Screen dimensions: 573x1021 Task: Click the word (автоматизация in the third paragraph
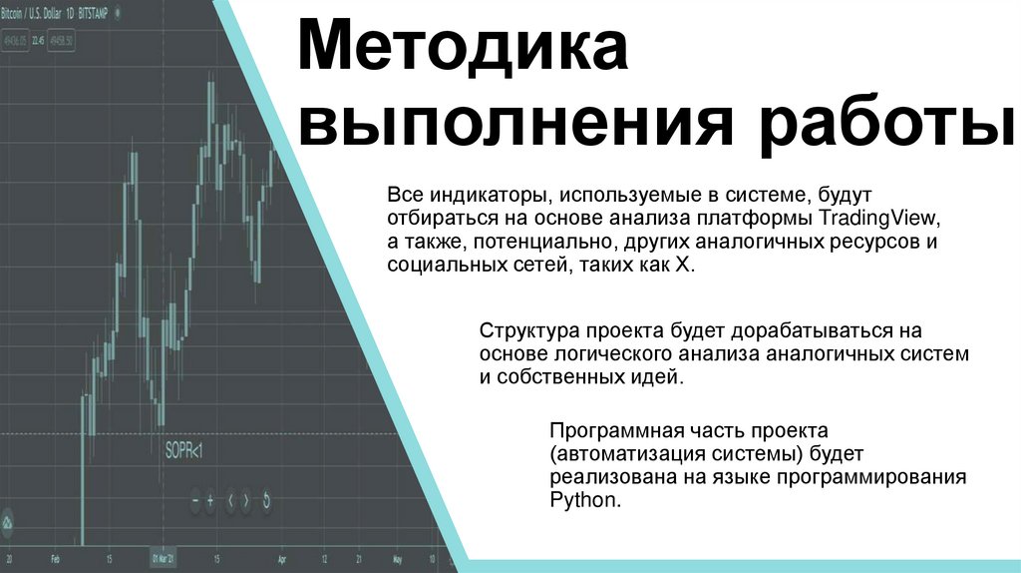612,453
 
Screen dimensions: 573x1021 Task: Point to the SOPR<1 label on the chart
183,452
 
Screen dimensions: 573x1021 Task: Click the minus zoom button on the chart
196,501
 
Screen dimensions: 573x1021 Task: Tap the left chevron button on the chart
230,501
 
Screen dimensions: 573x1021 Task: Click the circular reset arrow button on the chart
266,501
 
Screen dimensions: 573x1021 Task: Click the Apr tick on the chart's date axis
282,559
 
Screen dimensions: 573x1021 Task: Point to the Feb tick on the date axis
56,559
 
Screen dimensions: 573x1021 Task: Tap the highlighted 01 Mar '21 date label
162,559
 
